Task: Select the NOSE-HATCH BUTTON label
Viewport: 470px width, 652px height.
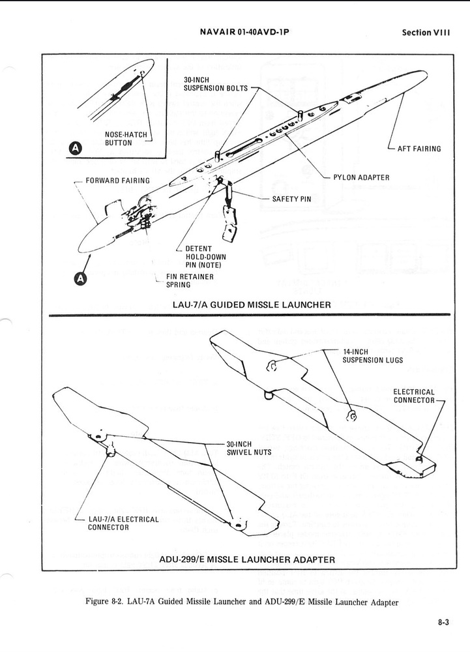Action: [x=127, y=139]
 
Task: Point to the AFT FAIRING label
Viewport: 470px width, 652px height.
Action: [x=419, y=149]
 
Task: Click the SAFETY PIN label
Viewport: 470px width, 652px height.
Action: [x=291, y=198]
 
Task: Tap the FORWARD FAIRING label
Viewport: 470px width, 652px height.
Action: [x=117, y=181]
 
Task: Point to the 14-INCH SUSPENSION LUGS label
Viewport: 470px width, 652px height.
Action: [x=372, y=356]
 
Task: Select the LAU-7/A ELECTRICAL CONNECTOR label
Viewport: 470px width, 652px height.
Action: [x=123, y=523]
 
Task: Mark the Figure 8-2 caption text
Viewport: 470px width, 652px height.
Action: [x=241, y=602]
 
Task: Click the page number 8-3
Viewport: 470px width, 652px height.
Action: [x=443, y=623]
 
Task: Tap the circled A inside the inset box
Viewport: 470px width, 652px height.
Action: [x=76, y=149]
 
